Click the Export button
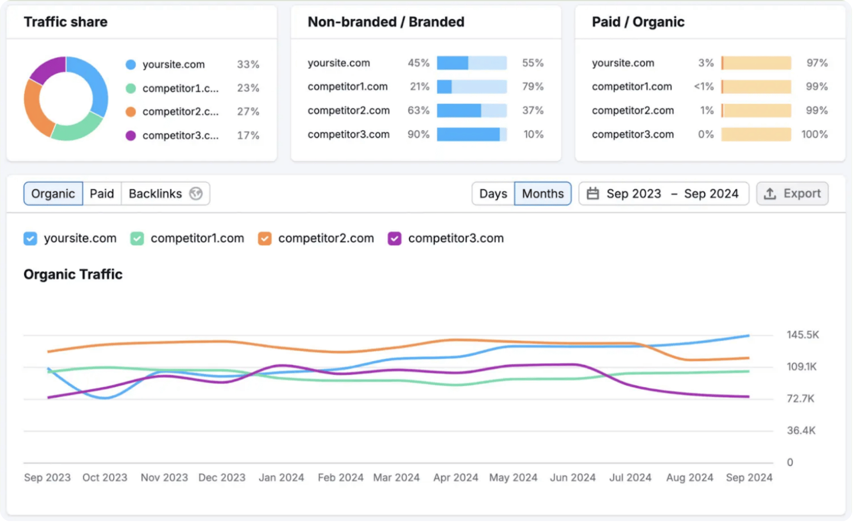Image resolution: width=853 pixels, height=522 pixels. click(x=792, y=194)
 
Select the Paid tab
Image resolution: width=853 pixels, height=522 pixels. click(x=102, y=194)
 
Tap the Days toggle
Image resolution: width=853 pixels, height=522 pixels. click(x=493, y=194)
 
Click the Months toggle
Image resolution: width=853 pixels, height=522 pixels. click(x=542, y=194)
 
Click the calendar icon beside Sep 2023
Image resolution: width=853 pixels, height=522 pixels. click(x=593, y=194)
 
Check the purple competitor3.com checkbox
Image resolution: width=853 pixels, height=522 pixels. click(x=394, y=238)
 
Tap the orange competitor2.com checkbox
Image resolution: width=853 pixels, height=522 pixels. click(x=265, y=238)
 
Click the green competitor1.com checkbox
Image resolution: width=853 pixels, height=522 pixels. click(x=137, y=238)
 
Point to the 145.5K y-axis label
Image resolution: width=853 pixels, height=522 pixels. click(x=802, y=335)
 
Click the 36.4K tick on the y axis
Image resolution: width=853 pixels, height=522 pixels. click(x=801, y=430)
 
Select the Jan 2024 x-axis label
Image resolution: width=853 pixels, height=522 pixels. click(x=281, y=477)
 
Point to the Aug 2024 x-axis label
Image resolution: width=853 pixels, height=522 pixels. click(x=689, y=477)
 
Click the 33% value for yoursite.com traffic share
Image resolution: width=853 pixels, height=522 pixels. click(x=248, y=65)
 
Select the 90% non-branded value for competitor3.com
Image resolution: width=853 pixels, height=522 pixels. click(x=418, y=135)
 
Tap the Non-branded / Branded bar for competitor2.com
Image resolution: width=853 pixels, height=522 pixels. click(x=472, y=111)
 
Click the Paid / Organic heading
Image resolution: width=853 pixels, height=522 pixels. click(x=638, y=22)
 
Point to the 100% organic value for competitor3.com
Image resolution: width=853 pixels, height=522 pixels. click(x=814, y=135)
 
